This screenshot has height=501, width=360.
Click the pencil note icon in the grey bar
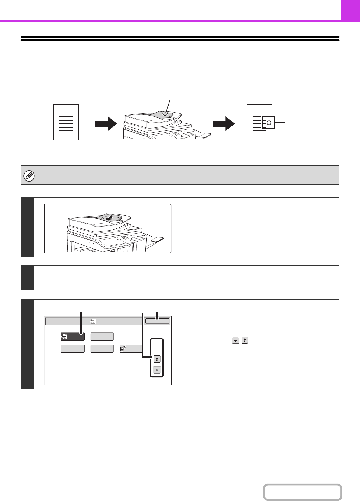(x=29, y=176)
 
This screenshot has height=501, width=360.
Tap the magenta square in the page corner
(x=350, y=10)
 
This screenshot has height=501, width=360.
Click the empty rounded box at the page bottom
(x=303, y=492)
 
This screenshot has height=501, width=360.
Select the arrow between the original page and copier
(x=106, y=124)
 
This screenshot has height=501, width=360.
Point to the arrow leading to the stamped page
(x=224, y=124)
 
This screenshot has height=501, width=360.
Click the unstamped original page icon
(x=66, y=122)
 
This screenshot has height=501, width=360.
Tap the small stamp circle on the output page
(x=269, y=123)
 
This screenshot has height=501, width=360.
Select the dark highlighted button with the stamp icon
(x=72, y=336)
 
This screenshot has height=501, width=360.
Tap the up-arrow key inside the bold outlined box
(x=157, y=359)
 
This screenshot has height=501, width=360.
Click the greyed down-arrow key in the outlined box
(x=157, y=370)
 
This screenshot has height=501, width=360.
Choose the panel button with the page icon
(x=130, y=349)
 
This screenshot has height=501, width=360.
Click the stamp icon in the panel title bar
(x=93, y=321)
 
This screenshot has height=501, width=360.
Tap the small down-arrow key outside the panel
(x=236, y=340)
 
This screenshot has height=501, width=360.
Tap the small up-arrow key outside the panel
(x=245, y=340)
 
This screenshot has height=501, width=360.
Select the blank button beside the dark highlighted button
(x=102, y=336)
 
